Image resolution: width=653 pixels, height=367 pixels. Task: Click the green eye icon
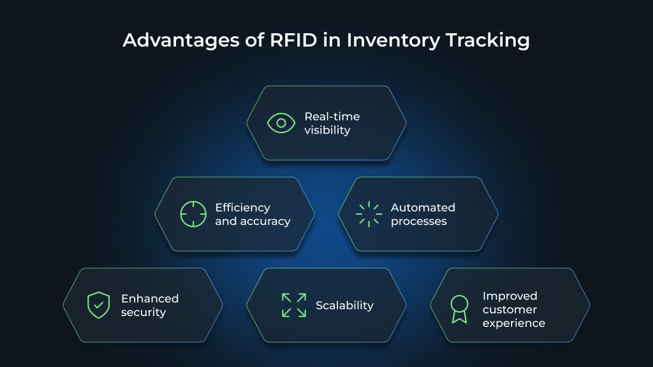tap(281, 123)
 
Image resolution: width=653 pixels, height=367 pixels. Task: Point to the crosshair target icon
tap(193, 214)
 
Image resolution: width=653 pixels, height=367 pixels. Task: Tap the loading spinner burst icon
tap(369, 214)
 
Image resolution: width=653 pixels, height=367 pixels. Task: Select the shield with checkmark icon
tap(99, 305)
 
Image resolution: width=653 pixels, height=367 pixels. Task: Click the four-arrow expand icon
tap(294, 305)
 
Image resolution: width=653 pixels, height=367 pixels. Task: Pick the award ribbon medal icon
tap(459, 309)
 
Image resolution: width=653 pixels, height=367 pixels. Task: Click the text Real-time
tap(332, 117)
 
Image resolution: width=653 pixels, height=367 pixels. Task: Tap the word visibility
tap(327, 130)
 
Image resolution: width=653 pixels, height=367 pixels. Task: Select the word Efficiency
tap(242, 208)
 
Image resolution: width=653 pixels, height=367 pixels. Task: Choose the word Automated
tap(423, 208)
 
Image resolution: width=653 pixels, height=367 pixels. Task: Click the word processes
tap(418, 222)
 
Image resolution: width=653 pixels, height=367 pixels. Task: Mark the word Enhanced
tap(150, 298)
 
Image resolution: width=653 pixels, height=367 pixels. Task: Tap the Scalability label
tap(344, 305)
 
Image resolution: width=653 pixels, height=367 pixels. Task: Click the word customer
tap(510, 310)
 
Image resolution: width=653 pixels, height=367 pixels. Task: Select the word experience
tap(513, 323)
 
